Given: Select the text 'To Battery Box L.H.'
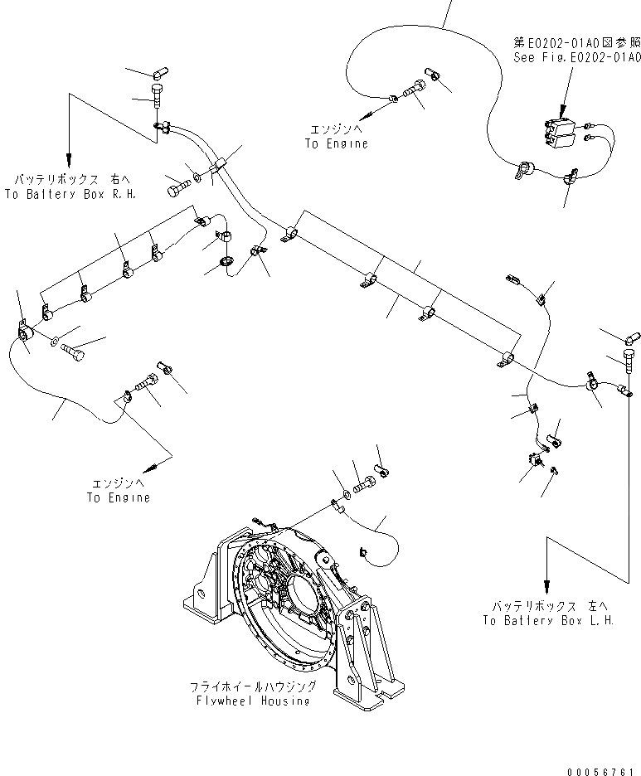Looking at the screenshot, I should tap(548, 622).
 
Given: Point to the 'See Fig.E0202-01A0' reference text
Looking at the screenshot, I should tap(576, 57).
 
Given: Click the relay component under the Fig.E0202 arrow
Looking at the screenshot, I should tap(559, 131).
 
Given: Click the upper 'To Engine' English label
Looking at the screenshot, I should tap(335, 143).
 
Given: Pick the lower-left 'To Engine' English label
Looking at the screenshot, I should tap(119, 497).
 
